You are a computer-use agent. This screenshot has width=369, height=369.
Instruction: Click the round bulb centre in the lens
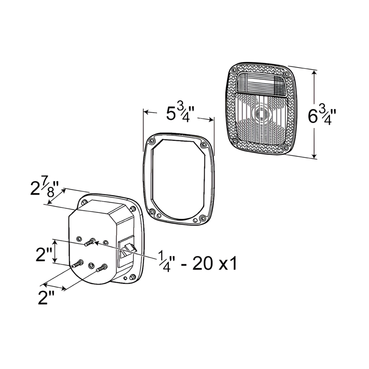[x=260, y=114]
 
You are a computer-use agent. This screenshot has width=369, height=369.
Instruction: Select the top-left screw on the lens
[x=234, y=70]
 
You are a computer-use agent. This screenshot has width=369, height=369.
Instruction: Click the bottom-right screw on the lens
[x=285, y=148]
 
